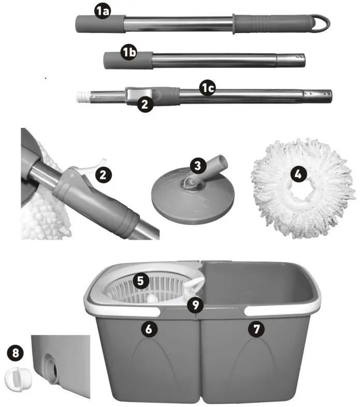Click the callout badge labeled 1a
tap(102, 11)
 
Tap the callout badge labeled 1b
tap(129, 53)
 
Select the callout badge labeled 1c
tap(208, 88)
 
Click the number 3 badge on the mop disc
tap(198, 166)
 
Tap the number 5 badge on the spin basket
tap(141, 281)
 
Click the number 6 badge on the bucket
tap(149, 329)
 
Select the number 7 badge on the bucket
tap(256, 329)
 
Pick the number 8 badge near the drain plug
tap(16, 353)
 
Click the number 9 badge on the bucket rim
tap(195, 305)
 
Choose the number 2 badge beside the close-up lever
tap(103, 175)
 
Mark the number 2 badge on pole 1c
tap(145, 105)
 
